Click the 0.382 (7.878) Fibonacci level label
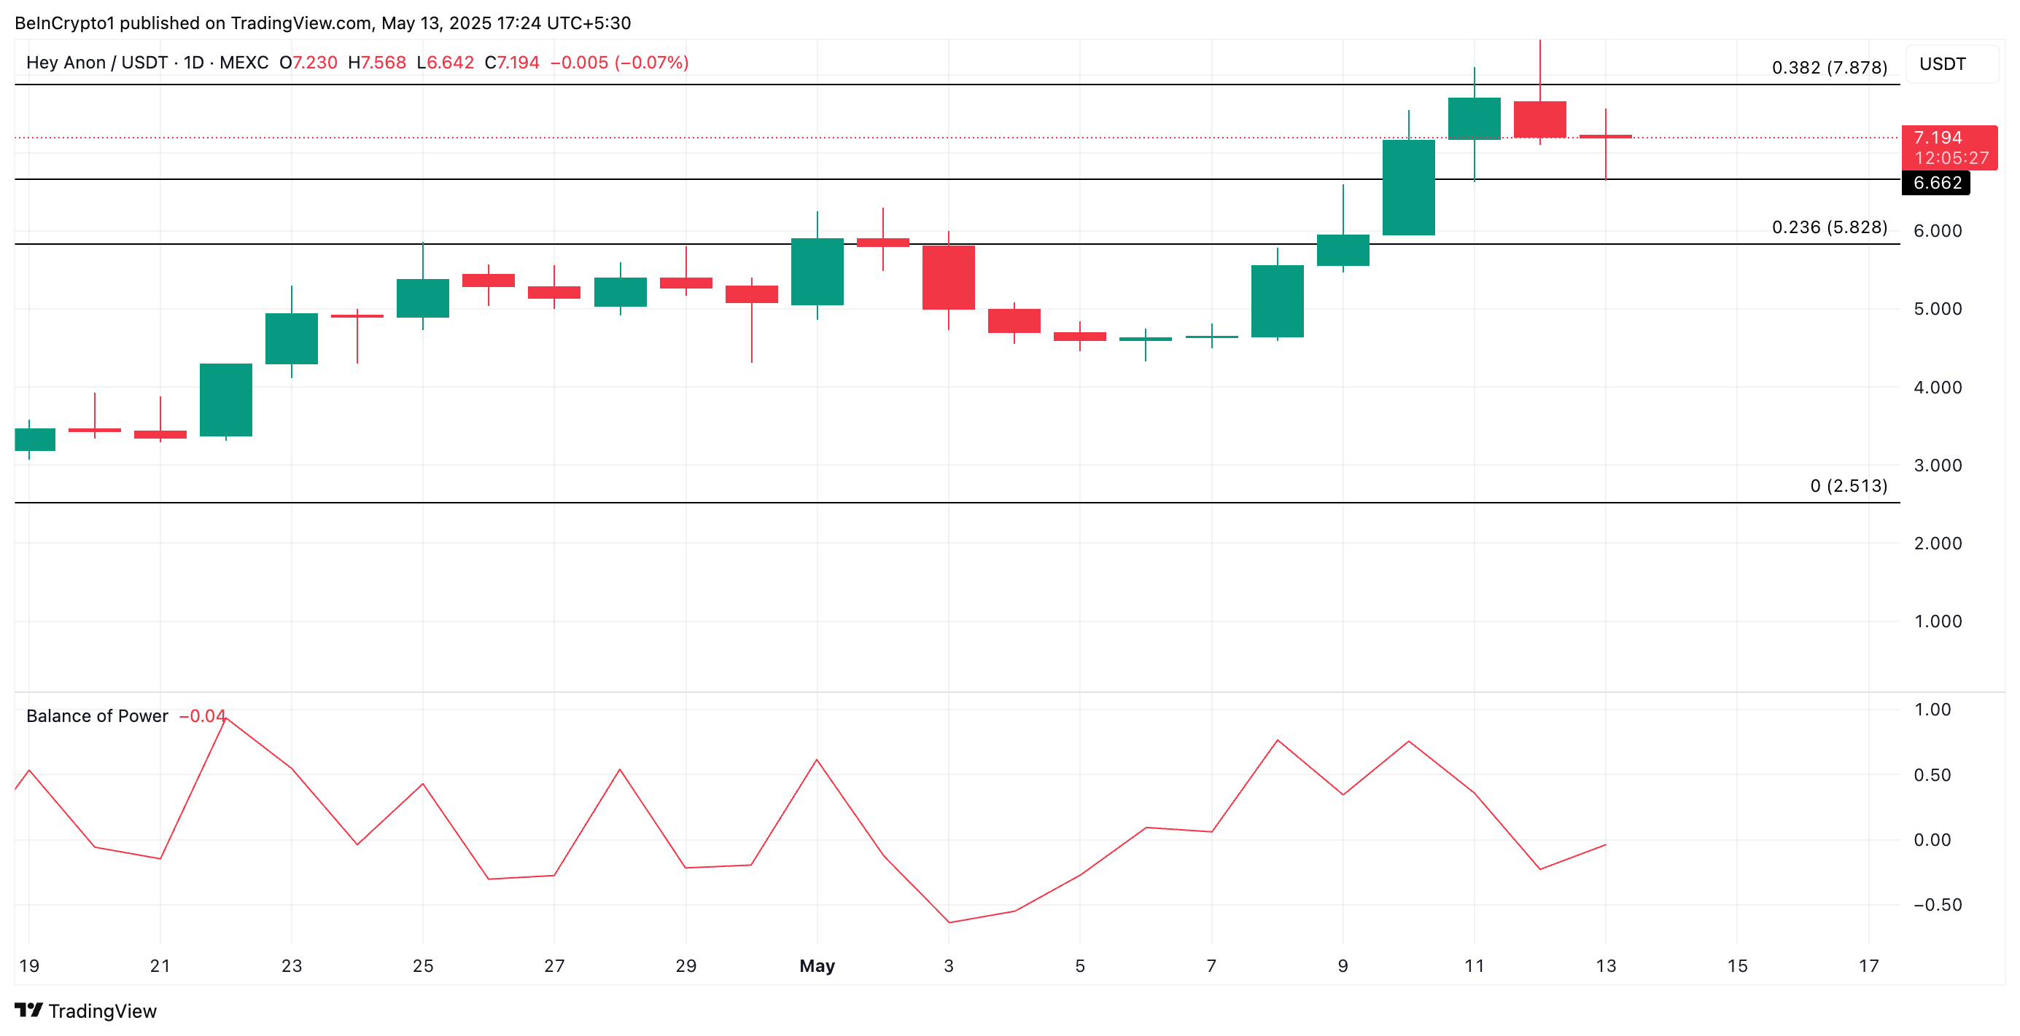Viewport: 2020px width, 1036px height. tap(1829, 68)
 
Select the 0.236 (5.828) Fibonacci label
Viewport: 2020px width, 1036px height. tap(1829, 227)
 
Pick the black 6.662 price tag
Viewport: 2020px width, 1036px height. tap(1936, 184)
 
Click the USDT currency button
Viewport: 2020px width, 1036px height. tap(1943, 64)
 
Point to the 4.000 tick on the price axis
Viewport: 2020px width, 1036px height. tap(1937, 387)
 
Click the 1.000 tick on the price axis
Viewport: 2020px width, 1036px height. tap(1937, 621)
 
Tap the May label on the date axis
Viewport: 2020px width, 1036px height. tap(816, 965)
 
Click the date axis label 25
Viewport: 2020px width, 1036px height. tap(423, 965)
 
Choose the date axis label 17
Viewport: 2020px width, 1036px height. tap(1868, 965)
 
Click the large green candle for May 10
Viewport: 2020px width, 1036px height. tap(1408, 187)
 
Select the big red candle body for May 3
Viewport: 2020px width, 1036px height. tap(948, 278)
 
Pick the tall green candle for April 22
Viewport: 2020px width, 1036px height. tap(226, 400)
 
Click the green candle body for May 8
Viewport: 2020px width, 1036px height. tap(1277, 301)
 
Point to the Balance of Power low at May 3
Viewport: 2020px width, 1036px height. tap(949, 922)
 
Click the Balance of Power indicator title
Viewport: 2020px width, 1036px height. tap(97, 716)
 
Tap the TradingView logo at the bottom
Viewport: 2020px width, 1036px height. tap(86, 1011)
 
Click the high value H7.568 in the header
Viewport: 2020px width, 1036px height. tap(376, 63)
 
